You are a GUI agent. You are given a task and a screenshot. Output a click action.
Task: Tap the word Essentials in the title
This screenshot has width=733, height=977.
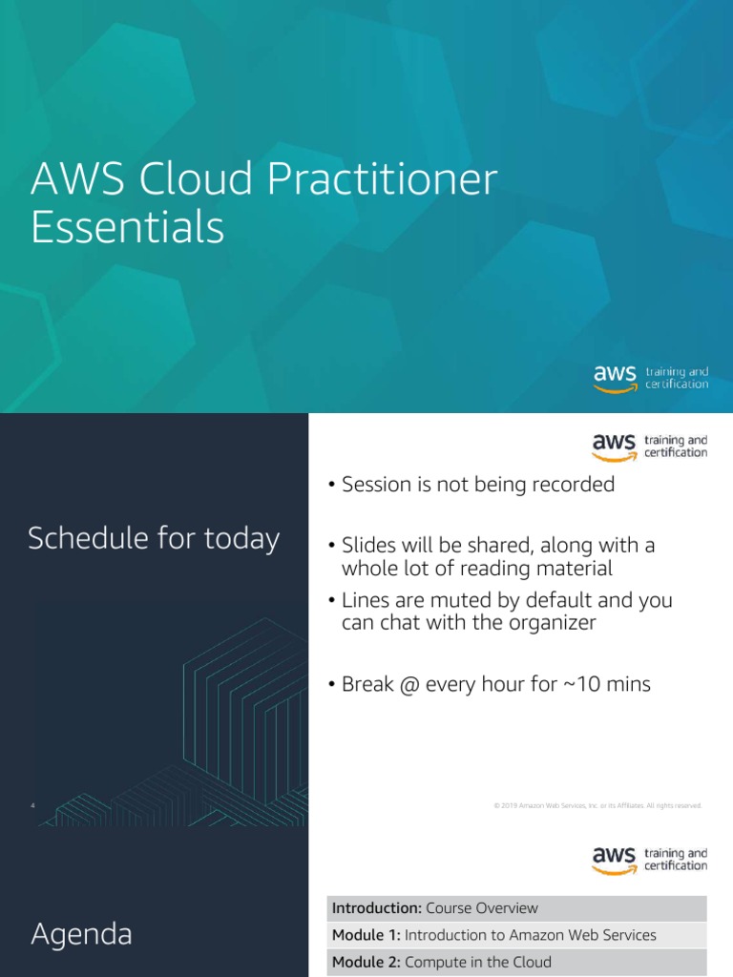click(x=128, y=228)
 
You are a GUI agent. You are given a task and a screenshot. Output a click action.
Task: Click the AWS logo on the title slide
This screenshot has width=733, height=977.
click(x=615, y=377)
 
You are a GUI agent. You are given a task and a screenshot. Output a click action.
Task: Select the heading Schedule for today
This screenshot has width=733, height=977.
click(x=154, y=539)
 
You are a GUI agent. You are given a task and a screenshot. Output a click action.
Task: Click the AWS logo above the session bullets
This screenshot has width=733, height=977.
click(x=615, y=447)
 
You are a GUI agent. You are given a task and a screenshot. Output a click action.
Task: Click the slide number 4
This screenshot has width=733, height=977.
click(x=32, y=806)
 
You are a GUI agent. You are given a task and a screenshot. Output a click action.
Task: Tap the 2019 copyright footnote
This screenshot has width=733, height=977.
click(x=597, y=806)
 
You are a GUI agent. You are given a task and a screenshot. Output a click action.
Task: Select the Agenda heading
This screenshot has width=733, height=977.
click(x=81, y=935)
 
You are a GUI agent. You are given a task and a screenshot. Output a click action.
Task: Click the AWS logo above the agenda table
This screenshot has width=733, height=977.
click(x=615, y=859)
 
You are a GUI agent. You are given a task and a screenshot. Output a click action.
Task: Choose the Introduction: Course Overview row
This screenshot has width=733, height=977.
click(x=516, y=908)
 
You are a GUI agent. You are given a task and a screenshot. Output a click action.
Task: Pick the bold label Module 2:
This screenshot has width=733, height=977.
click(x=366, y=963)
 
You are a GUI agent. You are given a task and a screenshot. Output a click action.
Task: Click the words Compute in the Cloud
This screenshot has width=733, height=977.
click(x=477, y=963)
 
